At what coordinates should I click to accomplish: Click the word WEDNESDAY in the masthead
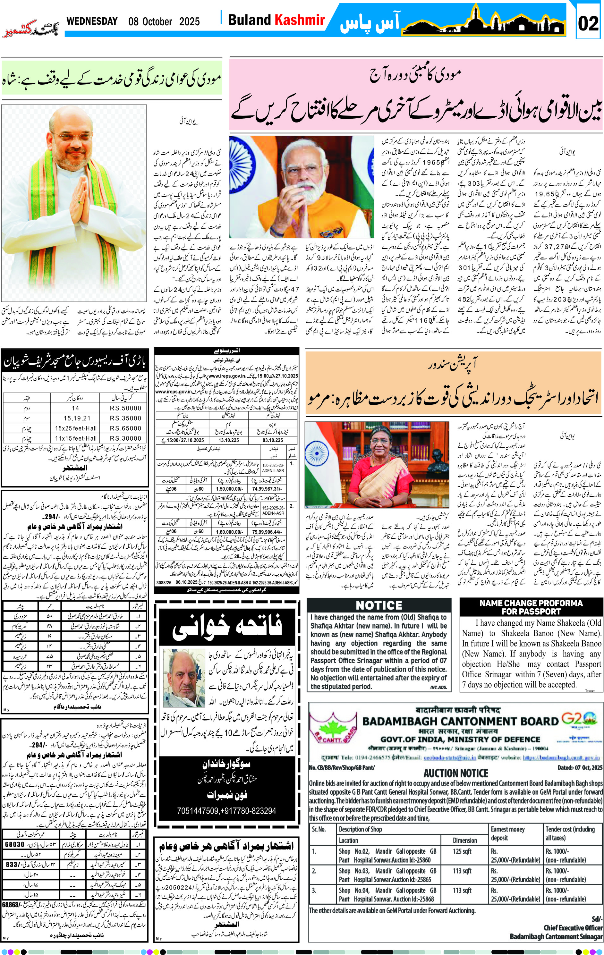tap(92, 21)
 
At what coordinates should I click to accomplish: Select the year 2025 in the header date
tap(189, 21)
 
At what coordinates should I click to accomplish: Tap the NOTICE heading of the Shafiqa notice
tap(379, 605)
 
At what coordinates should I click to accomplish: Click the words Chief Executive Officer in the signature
tap(573, 928)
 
